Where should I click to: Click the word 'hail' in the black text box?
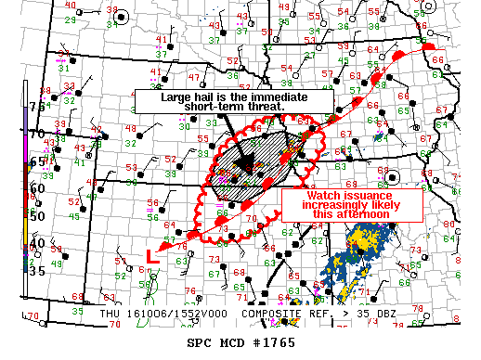[209, 96]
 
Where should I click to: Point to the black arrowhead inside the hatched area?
[243, 162]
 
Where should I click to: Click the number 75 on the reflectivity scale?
[37, 107]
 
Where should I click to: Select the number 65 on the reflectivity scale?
[37, 161]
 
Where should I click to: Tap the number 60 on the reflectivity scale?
[37, 188]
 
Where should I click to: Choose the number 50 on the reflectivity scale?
[37, 215]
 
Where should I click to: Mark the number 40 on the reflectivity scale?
[37, 243]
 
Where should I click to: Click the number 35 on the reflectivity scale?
[37, 271]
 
